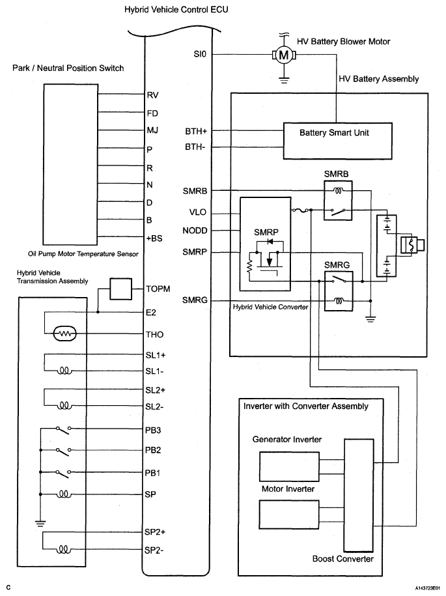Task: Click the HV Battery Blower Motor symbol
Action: pos(284,55)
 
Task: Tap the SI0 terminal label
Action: pos(200,54)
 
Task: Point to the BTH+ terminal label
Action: pos(196,131)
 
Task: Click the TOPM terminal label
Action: pos(158,289)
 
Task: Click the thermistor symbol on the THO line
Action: pos(65,334)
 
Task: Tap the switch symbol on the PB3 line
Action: pos(63,429)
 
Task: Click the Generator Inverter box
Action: pos(289,466)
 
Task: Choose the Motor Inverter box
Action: pos(289,515)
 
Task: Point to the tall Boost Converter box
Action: pos(359,495)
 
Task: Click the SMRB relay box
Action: pos(338,201)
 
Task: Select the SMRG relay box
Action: pos(339,291)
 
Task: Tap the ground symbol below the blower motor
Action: pos(283,79)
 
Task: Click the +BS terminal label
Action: pos(154,238)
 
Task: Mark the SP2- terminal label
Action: pos(154,550)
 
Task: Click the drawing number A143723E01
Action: pos(428,588)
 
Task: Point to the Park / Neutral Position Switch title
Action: pos(68,68)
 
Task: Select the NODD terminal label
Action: pos(195,231)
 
